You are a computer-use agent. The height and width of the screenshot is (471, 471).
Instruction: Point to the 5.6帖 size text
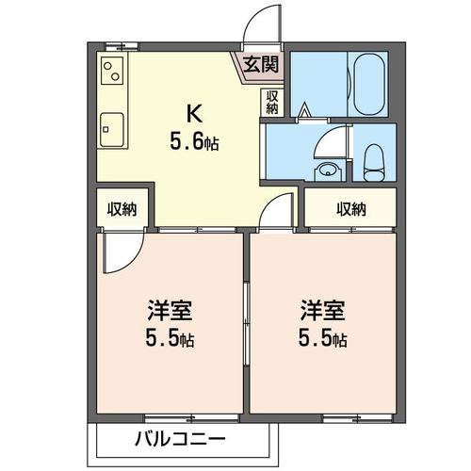click(x=195, y=144)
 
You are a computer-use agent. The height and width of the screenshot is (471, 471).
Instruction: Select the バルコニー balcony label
click(x=179, y=439)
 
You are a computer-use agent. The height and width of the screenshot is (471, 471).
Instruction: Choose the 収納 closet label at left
click(x=122, y=209)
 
